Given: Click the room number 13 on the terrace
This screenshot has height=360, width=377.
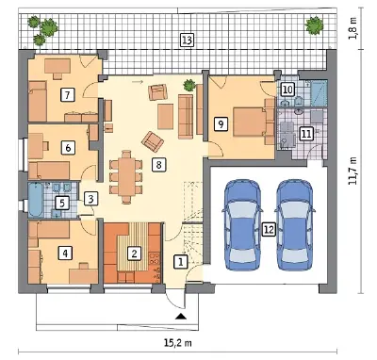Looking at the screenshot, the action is [187, 41].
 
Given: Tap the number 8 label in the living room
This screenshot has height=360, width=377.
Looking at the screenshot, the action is [158, 164].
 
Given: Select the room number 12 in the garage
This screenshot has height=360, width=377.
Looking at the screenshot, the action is [269, 230].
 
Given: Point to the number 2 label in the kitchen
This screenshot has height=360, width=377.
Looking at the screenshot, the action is [134, 254].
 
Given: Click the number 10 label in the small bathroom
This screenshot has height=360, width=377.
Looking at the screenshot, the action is [287, 90].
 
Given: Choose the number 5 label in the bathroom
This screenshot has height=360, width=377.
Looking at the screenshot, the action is [62, 203].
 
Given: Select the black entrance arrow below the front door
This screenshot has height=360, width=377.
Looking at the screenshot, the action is [181, 317].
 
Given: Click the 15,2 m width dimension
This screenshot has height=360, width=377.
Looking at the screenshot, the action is [177, 342].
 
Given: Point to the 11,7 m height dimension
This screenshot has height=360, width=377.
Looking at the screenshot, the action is [354, 172].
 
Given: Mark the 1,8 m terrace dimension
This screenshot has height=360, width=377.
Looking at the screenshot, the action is [354, 28].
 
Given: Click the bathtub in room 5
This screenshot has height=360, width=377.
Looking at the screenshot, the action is [36, 200].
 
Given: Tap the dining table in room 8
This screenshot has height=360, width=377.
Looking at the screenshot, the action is [126, 176].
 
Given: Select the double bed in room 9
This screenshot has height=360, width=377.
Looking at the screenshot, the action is [252, 122].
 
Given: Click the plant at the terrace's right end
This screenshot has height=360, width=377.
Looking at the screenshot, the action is [314, 25].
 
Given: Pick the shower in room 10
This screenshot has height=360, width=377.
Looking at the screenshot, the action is [319, 92].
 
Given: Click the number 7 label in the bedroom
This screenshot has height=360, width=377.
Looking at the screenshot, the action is [68, 94].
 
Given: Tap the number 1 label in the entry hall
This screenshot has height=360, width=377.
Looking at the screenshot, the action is [181, 261].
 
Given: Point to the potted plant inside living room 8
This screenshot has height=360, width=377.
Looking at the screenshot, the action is [189, 85].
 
